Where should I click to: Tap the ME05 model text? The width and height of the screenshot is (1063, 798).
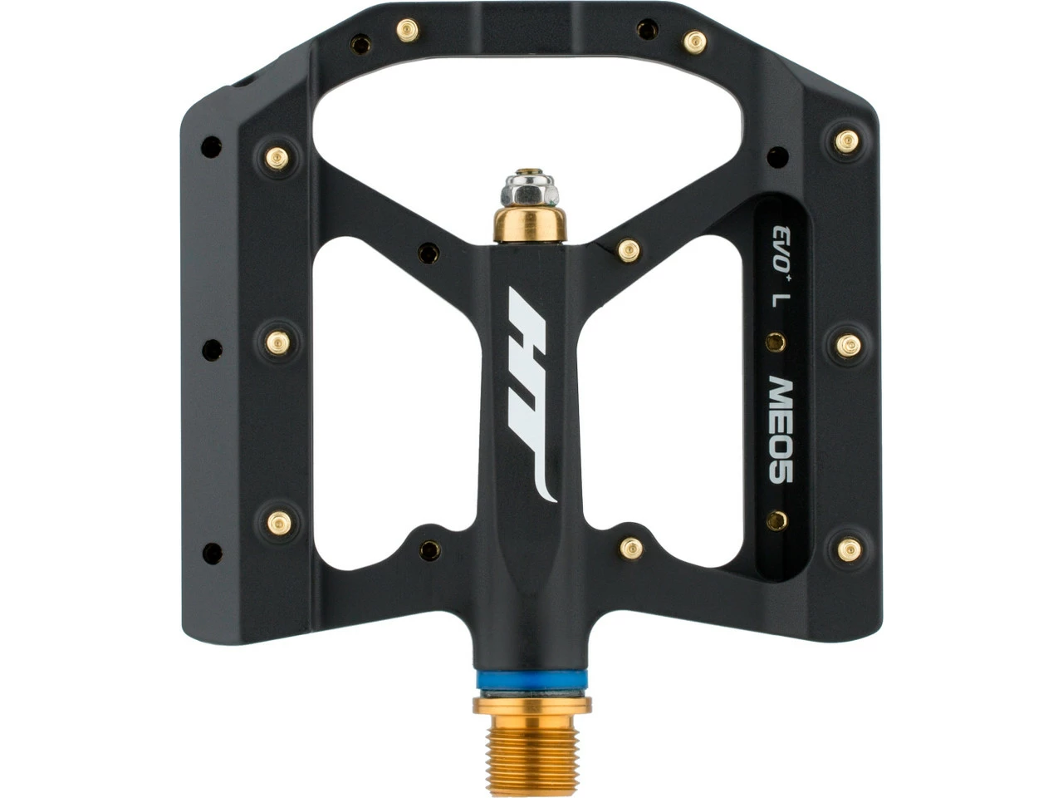(x=780, y=431)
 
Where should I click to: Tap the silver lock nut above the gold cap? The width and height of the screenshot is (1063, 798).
(x=529, y=190)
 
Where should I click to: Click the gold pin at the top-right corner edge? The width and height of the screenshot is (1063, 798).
(x=846, y=141)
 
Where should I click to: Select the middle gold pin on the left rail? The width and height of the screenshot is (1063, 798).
(x=278, y=343)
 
